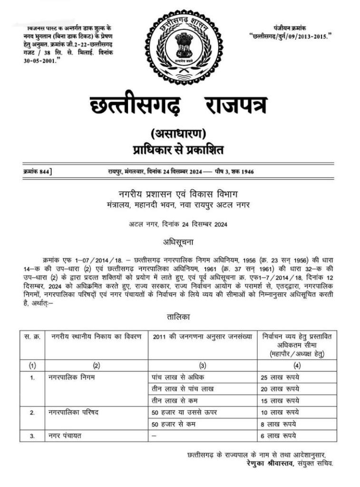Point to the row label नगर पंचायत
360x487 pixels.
coord(67,436)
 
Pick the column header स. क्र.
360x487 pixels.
coord(32,337)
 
